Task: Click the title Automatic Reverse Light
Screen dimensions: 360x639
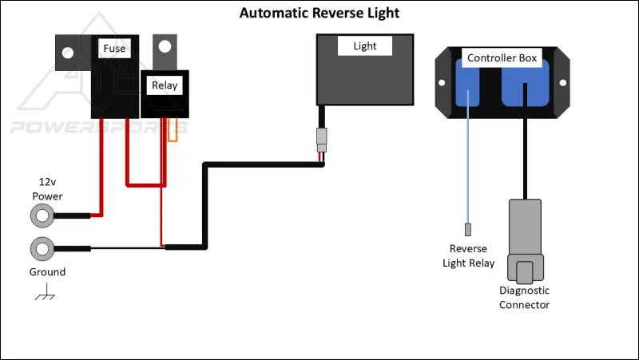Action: pyautogui.click(x=319, y=14)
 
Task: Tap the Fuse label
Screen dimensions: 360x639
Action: pyautogui.click(x=114, y=49)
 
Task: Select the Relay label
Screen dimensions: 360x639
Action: pyautogui.click(x=165, y=84)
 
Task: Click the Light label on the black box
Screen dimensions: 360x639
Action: pyautogui.click(x=364, y=46)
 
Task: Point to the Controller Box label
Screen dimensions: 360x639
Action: pyautogui.click(x=502, y=58)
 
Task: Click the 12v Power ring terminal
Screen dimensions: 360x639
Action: pyautogui.click(x=42, y=216)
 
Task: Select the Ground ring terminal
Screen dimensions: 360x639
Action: pyautogui.click(x=42, y=248)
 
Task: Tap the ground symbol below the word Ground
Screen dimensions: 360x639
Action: pyautogui.click(x=45, y=295)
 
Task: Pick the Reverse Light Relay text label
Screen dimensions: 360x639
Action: pyautogui.click(x=469, y=256)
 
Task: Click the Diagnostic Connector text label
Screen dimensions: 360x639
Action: pyautogui.click(x=524, y=298)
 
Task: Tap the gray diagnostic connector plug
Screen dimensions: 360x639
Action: pyautogui.click(x=524, y=239)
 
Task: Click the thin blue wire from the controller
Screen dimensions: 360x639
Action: pyautogui.click(x=469, y=168)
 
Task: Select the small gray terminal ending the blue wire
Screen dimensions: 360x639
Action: pyautogui.click(x=469, y=230)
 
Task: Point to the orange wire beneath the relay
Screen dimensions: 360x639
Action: pyautogui.click(x=172, y=133)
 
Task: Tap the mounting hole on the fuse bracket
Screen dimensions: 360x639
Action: pyautogui.click(x=68, y=53)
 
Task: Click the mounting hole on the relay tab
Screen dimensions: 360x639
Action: pyautogui.click(x=165, y=50)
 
